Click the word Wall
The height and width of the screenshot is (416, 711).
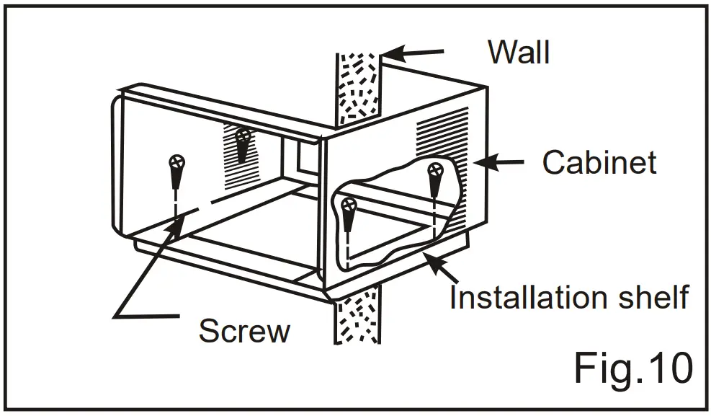pyautogui.click(x=519, y=52)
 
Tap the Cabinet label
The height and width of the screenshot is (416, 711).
pyautogui.click(x=599, y=163)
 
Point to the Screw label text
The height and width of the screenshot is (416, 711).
pyautogui.click(x=244, y=331)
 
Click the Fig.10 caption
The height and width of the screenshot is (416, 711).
pyautogui.click(x=633, y=368)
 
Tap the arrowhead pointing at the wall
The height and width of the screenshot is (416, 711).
pyautogui.click(x=390, y=54)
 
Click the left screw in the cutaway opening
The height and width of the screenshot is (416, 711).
pyautogui.click(x=348, y=205)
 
